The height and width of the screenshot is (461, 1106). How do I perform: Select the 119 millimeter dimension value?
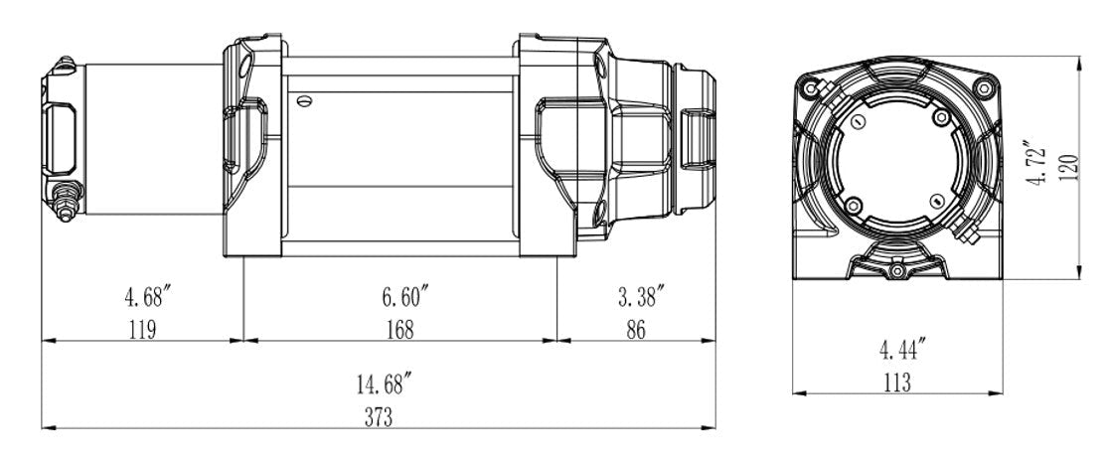click(x=142, y=329)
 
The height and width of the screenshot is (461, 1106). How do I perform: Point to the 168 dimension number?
click(x=400, y=329)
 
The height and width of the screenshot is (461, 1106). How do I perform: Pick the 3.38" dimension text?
click(x=637, y=296)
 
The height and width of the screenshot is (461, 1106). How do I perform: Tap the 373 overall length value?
click(x=379, y=416)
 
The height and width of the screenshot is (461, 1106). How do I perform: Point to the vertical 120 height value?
click(x=1068, y=168)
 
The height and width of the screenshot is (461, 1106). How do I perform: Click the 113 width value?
click(x=895, y=382)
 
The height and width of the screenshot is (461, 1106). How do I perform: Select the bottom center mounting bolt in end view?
click(x=897, y=270)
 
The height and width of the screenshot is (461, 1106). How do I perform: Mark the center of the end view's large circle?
click(x=897, y=161)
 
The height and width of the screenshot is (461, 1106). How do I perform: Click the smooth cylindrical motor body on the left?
click(x=149, y=139)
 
